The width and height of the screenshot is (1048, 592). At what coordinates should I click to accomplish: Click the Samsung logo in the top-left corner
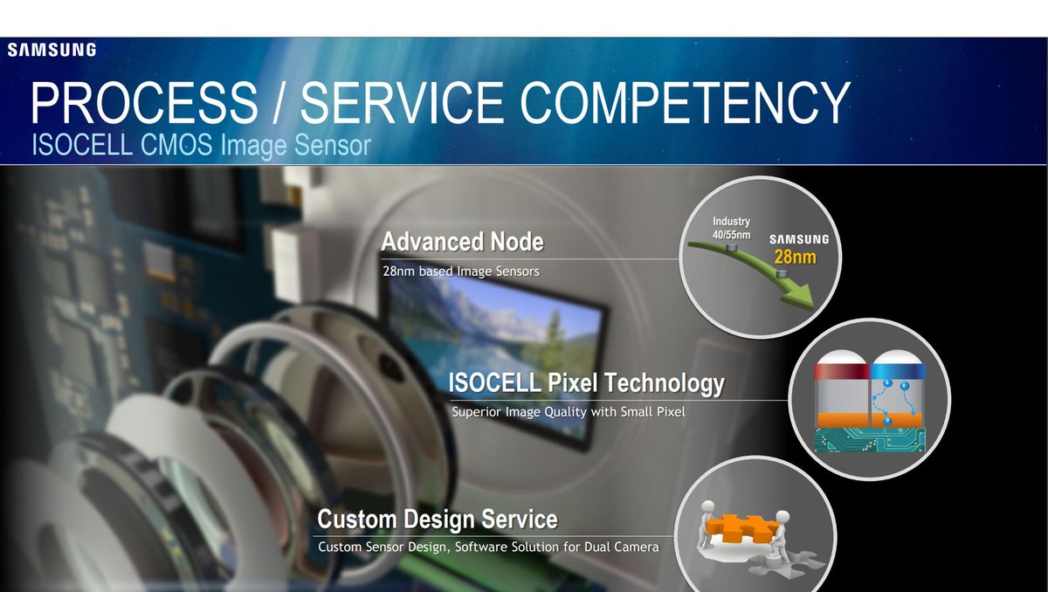click(x=52, y=50)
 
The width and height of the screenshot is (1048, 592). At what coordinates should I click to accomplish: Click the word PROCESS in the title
click(x=145, y=102)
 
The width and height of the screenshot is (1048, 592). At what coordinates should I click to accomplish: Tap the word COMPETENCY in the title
click(x=685, y=102)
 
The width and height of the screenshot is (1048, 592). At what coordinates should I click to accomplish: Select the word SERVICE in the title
click(x=402, y=102)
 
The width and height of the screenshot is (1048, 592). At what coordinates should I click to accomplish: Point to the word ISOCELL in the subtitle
click(x=82, y=144)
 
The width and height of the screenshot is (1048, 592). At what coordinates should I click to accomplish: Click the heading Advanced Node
click(x=463, y=242)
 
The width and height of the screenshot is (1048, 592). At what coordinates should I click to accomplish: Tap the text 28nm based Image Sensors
click(x=461, y=272)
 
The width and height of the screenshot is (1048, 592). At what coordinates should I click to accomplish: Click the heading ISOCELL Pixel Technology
click(x=587, y=383)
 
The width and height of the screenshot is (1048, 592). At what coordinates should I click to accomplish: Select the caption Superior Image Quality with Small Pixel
click(x=569, y=412)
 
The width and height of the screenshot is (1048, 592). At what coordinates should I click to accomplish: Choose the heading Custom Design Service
click(x=438, y=520)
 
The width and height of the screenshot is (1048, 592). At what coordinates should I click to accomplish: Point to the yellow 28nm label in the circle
click(x=796, y=258)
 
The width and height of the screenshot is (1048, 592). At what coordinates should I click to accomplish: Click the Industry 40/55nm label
click(x=731, y=228)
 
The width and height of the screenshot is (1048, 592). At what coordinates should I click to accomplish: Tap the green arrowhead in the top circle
click(x=799, y=294)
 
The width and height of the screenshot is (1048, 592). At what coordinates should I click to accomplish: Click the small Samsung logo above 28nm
click(x=799, y=239)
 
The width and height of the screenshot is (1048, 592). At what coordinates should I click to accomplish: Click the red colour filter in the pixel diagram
click(x=842, y=371)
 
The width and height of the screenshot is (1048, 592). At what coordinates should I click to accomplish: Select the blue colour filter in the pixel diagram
click(x=898, y=371)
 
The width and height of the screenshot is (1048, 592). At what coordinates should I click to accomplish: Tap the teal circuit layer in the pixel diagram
click(x=870, y=440)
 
